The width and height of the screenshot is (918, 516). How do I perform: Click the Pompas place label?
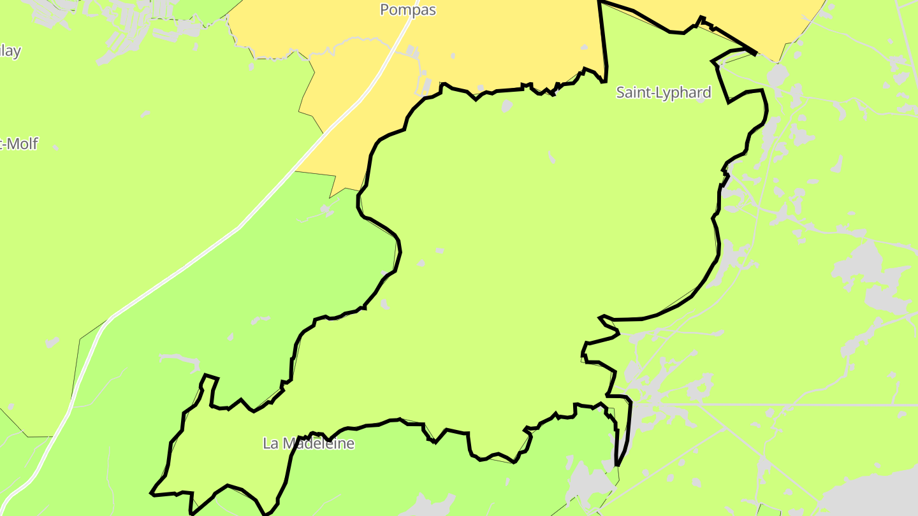(x=408, y=10)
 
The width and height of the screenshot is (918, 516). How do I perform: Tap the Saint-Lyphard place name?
(x=663, y=93)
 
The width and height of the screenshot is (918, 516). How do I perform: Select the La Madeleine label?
(x=309, y=443)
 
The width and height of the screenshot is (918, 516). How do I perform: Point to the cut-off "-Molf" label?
(x=19, y=144)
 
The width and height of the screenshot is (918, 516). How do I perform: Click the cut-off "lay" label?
(x=10, y=51)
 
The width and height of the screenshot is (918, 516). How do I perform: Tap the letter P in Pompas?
(x=385, y=10)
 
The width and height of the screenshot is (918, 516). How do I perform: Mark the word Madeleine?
(x=318, y=443)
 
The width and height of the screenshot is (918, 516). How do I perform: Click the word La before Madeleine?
(x=270, y=443)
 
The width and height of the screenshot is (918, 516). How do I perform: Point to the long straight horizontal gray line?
(x=765, y=405)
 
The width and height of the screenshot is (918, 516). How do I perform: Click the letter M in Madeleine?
(x=288, y=443)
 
